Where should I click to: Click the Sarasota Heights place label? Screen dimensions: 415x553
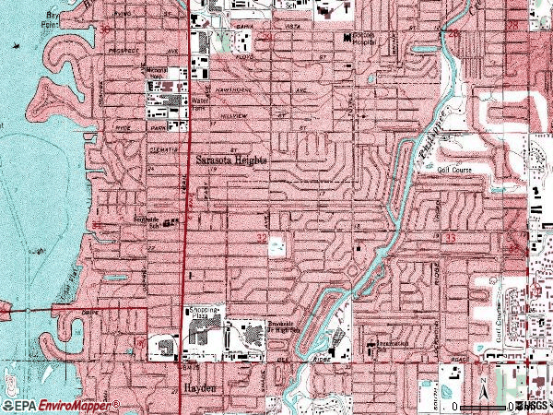tap(231, 159)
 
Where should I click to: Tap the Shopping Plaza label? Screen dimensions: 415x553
tap(205, 314)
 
